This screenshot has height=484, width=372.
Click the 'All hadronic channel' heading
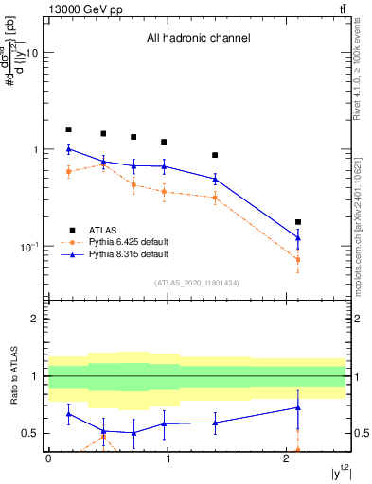pos(198,39)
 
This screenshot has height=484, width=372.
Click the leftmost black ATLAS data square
pos(68,130)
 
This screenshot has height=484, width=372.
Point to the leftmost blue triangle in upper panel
pos(68,149)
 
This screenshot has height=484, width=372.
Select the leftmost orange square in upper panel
pos(68,171)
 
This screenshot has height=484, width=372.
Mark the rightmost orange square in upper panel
pos(298,259)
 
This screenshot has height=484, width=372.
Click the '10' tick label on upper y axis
pos(31,54)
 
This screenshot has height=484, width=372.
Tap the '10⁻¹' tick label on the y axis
pos(28,247)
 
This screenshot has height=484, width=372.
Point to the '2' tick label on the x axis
pos(286,458)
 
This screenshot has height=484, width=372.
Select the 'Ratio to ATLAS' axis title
pos(13,375)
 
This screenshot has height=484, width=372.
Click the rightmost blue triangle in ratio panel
pos(298,407)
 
